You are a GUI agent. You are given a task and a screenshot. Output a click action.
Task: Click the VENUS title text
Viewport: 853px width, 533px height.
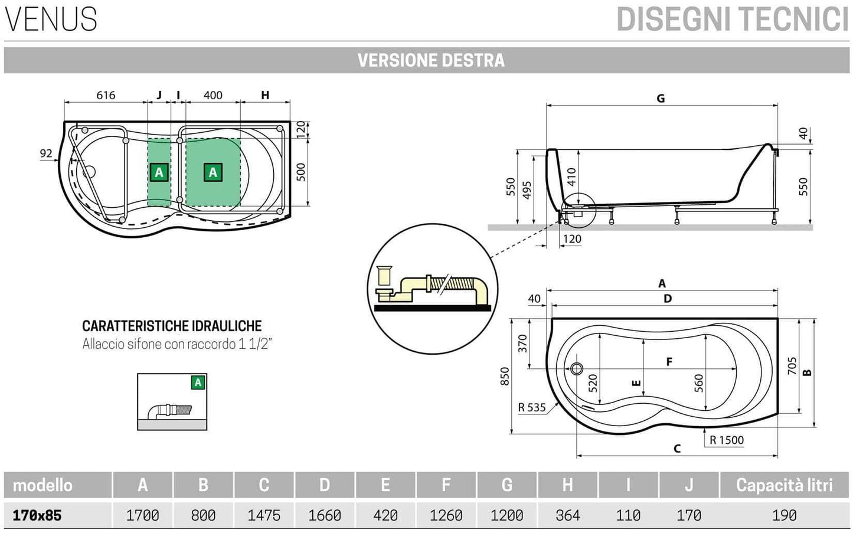pos(51,19)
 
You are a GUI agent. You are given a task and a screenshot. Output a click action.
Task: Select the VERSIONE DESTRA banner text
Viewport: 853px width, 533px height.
pos(430,60)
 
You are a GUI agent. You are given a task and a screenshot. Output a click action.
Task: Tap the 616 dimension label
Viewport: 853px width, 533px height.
pos(106,95)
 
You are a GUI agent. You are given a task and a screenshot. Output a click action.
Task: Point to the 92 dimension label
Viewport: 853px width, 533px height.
pos(46,153)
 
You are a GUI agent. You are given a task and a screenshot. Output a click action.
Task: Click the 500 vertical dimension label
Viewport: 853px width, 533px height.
pos(301,172)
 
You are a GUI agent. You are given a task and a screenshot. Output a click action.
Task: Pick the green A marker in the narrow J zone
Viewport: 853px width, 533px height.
pos(159,172)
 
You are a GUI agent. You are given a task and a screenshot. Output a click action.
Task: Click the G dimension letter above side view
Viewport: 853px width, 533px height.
pos(661,99)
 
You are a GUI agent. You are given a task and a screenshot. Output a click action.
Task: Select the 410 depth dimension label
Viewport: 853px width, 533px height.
pos(571,177)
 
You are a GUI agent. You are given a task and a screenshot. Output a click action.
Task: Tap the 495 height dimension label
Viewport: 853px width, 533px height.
pos(527,190)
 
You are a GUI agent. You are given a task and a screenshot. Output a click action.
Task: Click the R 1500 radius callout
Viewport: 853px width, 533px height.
pos(726,440)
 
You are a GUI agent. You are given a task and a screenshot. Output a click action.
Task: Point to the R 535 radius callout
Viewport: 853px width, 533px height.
pos(531,407)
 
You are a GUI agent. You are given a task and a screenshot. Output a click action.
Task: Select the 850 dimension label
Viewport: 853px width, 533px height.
pos(505,376)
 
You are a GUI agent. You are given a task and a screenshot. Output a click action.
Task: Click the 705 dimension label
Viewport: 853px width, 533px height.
pos(792,366)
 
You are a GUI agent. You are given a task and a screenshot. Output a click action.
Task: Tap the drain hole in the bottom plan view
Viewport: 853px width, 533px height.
pos(577,369)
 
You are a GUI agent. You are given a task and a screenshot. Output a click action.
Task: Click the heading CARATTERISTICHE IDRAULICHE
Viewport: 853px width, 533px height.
pos(172,326)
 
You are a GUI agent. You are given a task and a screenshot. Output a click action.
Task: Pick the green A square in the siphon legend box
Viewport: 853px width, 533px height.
pos(198,382)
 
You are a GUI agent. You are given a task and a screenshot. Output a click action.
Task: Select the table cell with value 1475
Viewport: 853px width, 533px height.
pos(264,515)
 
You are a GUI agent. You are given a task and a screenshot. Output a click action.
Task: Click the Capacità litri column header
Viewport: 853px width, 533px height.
pos(784,485)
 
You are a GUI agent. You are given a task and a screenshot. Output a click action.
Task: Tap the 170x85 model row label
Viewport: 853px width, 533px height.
pos(37,515)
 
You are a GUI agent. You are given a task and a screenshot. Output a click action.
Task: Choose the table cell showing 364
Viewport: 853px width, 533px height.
pos(567,515)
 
